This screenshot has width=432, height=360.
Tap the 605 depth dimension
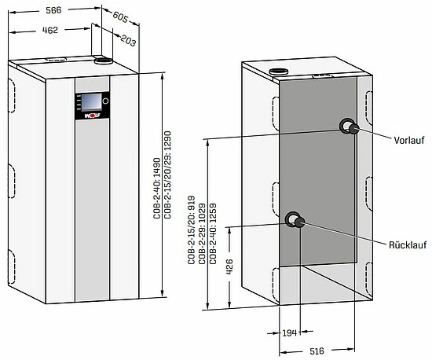pos(120,17)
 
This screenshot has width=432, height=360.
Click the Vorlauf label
pos(409,142)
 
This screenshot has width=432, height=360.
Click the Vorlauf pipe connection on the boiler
pos(346,127)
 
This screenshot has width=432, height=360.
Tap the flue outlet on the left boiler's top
pos(102,60)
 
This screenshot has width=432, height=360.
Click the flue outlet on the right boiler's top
pos(279,72)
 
